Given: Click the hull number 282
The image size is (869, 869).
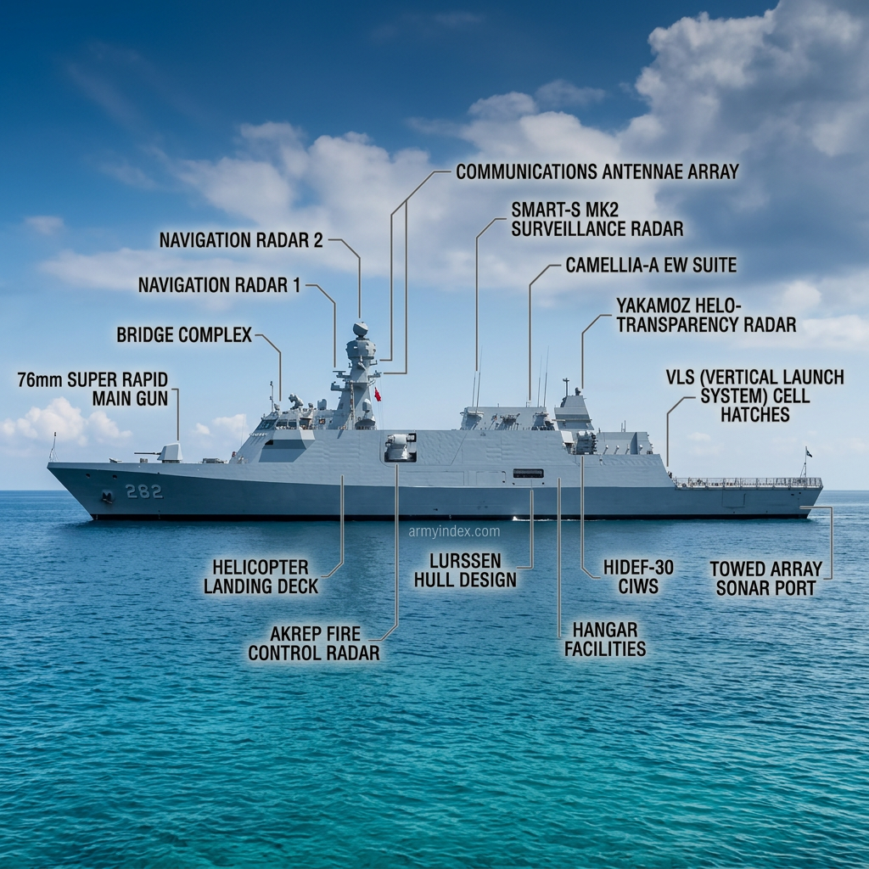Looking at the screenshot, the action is tap(144, 491).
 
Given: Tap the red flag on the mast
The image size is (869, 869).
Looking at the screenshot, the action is tap(378, 394).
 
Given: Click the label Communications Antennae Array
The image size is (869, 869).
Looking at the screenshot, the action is tap(597, 171).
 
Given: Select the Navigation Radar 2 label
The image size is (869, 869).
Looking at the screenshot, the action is tap(241, 240).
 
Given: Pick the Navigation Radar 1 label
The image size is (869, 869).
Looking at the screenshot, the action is tap(220, 285).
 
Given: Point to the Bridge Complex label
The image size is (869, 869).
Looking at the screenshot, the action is tap(184, 334).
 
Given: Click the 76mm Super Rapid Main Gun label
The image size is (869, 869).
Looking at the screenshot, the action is tap(93, 389).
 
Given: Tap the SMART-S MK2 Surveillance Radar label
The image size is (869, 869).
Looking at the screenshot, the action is tap(597, 220).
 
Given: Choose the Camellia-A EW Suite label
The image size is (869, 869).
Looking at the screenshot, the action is tap(651, 265).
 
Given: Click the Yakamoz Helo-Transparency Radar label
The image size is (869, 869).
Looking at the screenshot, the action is tap(706, 315).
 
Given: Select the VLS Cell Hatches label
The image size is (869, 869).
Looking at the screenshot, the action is tap(754, 395).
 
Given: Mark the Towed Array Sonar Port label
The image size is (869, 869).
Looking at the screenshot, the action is tap(766, 579).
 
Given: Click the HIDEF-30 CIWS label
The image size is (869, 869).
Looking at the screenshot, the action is tap(638, 577).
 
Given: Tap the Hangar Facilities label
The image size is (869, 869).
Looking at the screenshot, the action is tap(605, 639).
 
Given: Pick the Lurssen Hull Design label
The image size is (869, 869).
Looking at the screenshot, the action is tap(466, 570).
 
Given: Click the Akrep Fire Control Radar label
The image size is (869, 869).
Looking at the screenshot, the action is tap(314, 643).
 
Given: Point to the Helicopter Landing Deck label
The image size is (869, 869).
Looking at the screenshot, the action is tap(261, 577).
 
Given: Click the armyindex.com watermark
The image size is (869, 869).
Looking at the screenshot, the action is tap(455, 532).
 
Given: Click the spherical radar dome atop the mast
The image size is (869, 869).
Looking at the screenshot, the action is tap(360, 329).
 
